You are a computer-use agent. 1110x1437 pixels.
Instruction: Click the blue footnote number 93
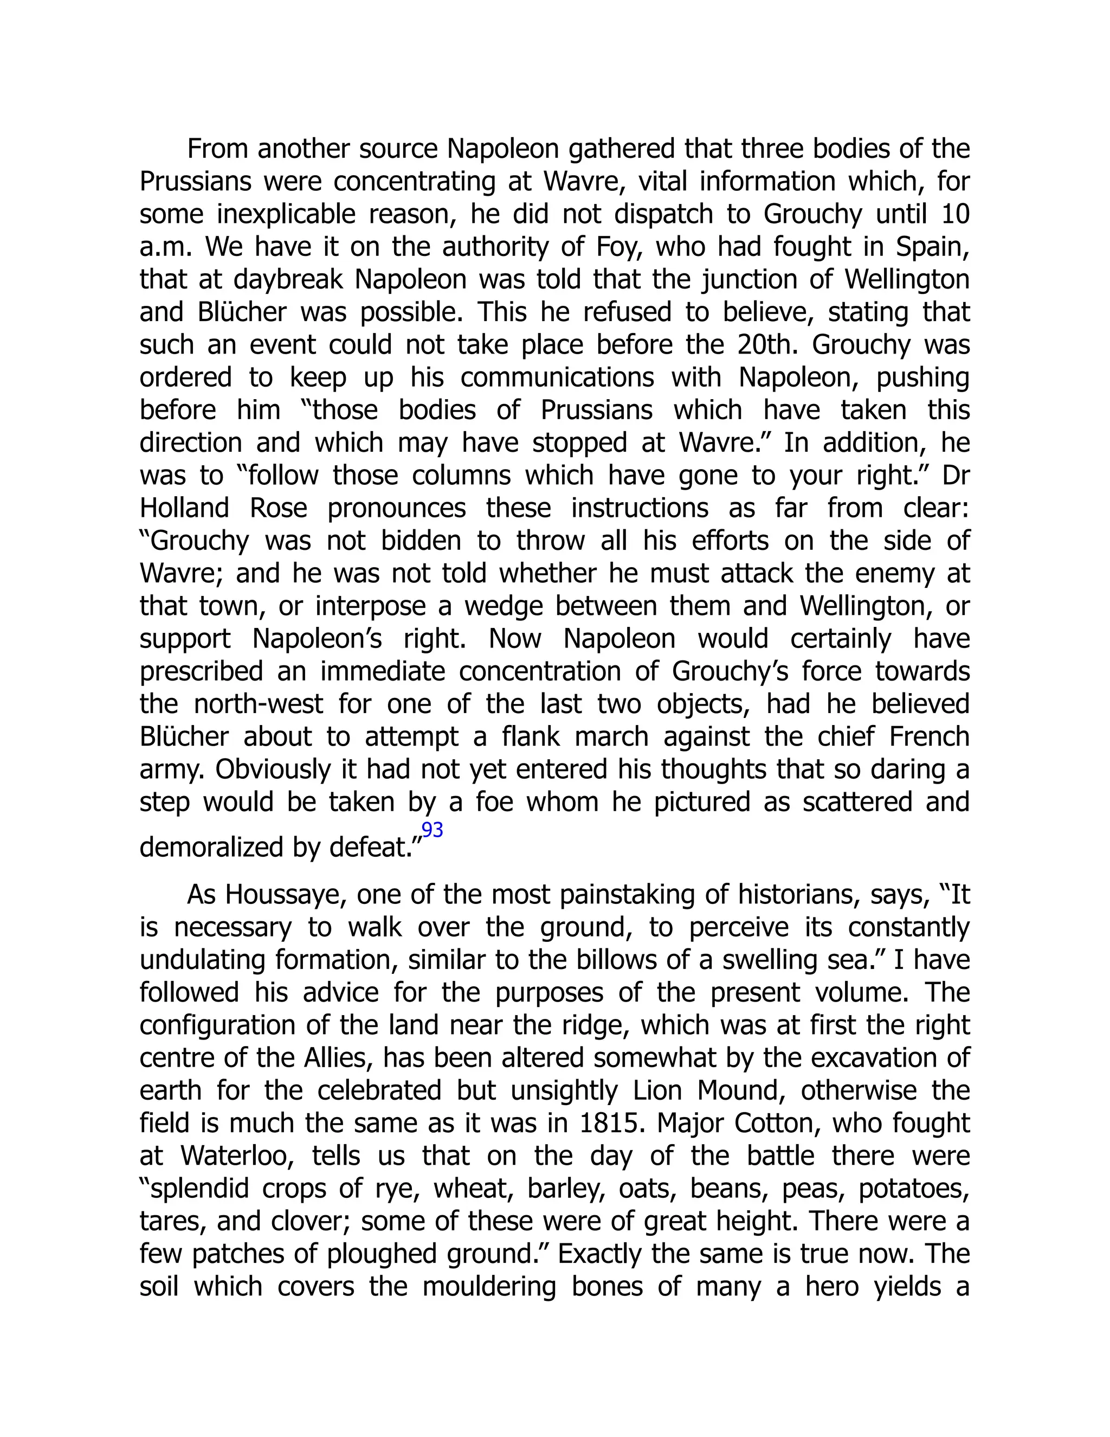click(432, 830)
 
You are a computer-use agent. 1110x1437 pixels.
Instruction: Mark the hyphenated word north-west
click(259, 704)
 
